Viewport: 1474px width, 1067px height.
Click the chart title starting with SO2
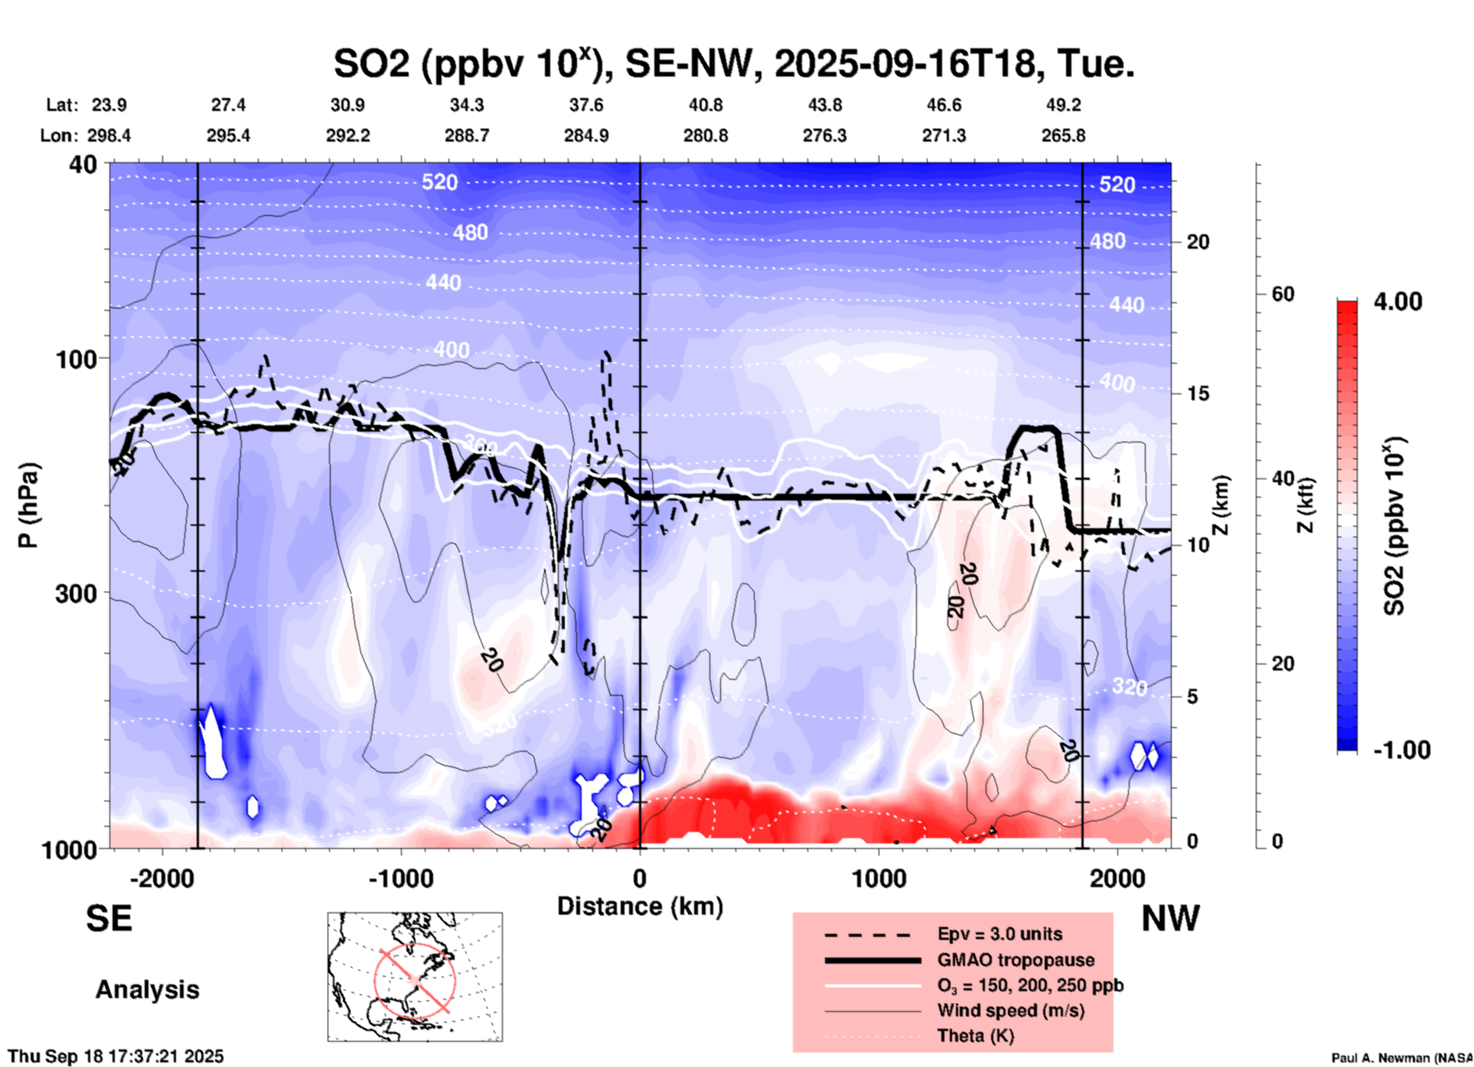733,64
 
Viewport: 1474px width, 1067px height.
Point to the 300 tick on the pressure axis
77,594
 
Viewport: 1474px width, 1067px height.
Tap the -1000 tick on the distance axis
400,878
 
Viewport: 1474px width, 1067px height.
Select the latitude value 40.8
705,105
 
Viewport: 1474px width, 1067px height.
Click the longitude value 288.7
466,135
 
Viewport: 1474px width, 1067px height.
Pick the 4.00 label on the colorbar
1397,302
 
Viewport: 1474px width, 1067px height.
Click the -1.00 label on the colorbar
1401,750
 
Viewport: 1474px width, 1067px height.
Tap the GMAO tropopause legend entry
1015,960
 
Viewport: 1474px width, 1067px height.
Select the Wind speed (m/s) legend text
1010,1010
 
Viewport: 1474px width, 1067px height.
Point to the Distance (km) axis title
640,906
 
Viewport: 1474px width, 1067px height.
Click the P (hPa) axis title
28,505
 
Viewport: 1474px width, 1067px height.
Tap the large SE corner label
109,919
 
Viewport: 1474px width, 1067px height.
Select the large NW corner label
1170,919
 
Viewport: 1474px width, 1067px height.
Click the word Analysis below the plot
147,990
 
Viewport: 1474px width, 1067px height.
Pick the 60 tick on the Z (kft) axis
1283,294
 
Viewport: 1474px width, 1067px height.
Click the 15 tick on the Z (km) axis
1198,393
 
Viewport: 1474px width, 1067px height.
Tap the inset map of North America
415,977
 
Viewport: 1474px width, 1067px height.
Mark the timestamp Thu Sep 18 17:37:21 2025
116,1056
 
